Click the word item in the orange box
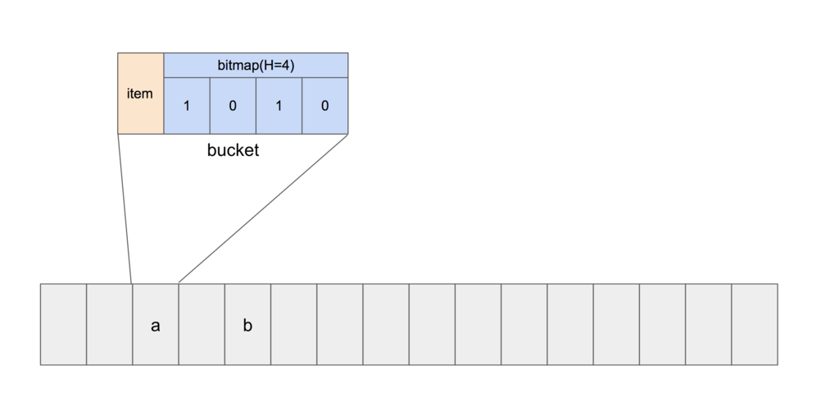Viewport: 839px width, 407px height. tap(139, 94)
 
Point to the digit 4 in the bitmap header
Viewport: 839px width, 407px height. tap(285, 66)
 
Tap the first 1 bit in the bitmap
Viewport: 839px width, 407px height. tap(187, 106)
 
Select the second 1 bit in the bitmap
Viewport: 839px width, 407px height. tap(279, 106)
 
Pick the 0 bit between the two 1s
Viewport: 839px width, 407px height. tap(233, 106)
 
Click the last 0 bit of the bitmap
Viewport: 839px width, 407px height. tap(324, 106)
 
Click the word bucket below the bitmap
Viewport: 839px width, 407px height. tap(233, 150)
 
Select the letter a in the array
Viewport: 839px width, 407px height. tap(155, 326)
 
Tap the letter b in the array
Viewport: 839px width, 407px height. tap(247, 324)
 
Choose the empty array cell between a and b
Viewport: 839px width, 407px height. tap(202, 324)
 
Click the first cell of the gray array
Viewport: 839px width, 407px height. tap(63, 324)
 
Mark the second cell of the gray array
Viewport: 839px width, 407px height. tap(109, 324)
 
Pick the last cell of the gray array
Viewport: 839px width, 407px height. tap(755, 324)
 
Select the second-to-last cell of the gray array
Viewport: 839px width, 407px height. tap(709, 324)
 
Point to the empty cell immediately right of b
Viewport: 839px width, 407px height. tap(294, 324)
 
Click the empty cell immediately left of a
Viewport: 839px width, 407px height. tap(109, 324)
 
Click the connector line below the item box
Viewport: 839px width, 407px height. tap(125, 209)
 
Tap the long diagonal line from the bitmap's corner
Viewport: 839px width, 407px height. tap(263, 208)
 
